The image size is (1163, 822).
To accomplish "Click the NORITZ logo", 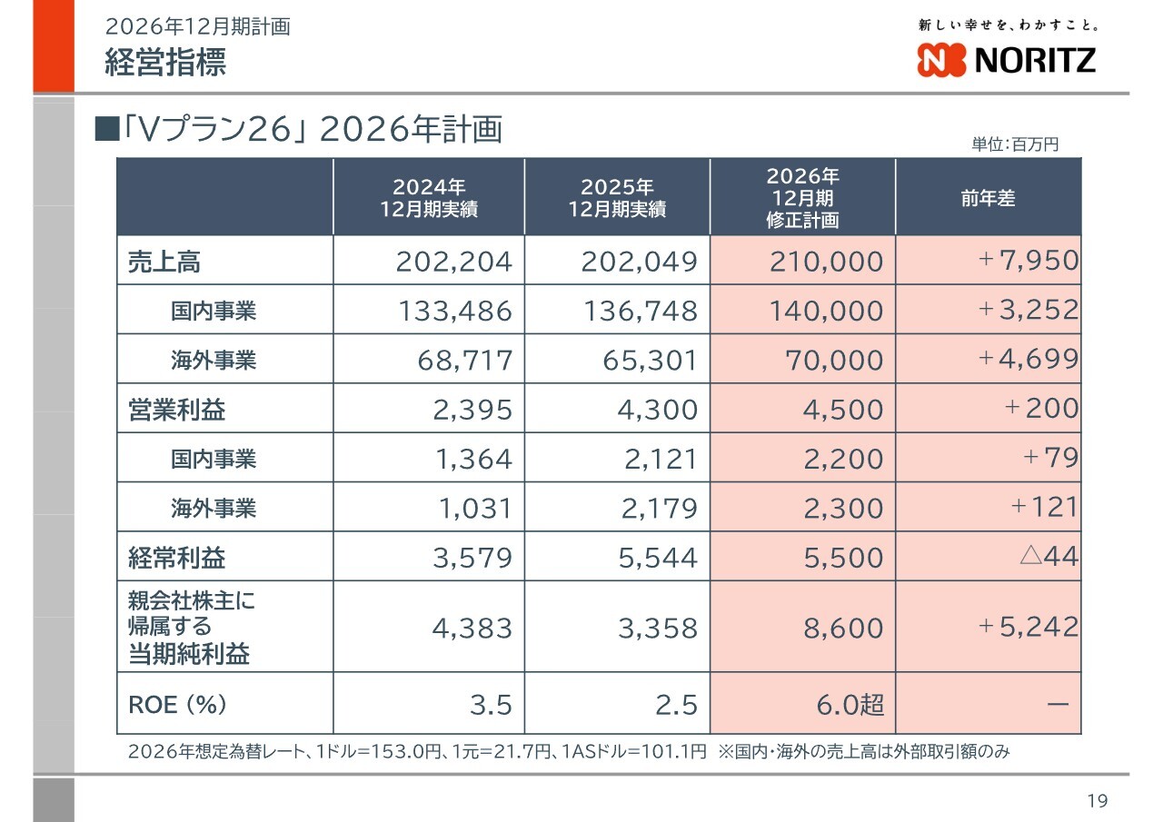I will pyautogui.click(x=1007, y=60).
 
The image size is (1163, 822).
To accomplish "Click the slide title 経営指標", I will pyautogui.click(x=165, y=63).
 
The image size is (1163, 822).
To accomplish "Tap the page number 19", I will pyautogui.click(x=1098, y=800).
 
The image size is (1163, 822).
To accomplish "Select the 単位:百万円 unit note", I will pyautogui.click(x=1015, y=144).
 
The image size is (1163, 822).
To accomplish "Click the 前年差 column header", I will pyautogui.click(x=989, y=198).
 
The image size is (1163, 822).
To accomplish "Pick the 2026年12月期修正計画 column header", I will pyautogui.click(x=802, y=198).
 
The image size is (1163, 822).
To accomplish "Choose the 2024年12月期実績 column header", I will pyautogui.click(x=429, y=198).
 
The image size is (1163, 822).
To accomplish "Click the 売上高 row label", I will pyautogui.click(x=164, y=262).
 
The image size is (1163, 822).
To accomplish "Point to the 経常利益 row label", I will pyautogui.click(x=177, y=557).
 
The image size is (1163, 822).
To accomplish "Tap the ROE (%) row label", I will pyautogui.click(x=177, y=704).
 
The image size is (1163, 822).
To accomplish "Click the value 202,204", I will pyautogui.click(x=454, y=262).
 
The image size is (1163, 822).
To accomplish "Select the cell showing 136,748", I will pyautogui.click(x=640, y=312).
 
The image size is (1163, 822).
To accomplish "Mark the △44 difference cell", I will pyautogui.click(x=1048, y=556).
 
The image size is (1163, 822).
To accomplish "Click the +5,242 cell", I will pyautogui.click(x=1029, y=627).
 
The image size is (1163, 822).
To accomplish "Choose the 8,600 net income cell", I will pyautogui.click(x=843, y=628).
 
